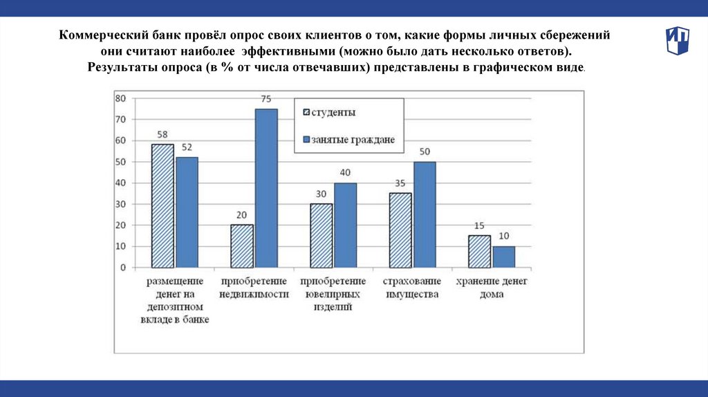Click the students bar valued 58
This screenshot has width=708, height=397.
(163, 205)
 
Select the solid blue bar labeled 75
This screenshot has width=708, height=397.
(265, 188)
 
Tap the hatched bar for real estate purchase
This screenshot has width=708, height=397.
(242, 246)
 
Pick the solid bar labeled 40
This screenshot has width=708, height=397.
(345, 225)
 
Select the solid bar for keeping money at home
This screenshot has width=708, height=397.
(503, 257)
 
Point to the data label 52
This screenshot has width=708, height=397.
(187, 147)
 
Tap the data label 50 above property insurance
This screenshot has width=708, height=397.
(425, 151)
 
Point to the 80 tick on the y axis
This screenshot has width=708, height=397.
(120, 98)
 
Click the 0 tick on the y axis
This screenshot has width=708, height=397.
(123, 267)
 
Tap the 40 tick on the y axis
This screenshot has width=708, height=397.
(120, 183)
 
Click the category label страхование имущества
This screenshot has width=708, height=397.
(412, 288)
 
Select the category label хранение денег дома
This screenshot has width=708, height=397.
(492, 288)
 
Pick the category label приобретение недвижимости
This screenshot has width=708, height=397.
(254, 288)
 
